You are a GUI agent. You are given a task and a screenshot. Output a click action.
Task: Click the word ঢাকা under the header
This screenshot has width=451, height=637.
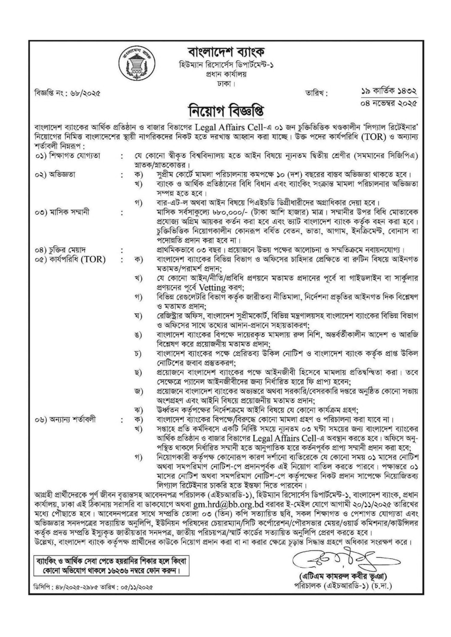coord(225,83)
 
